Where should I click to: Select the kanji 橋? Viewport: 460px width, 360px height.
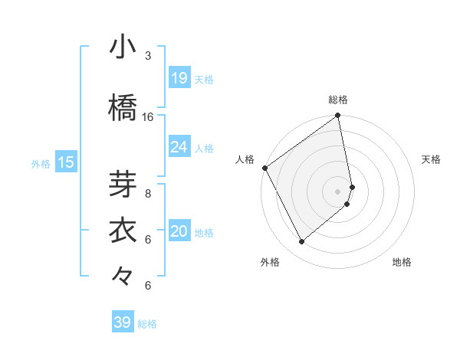click(x=123, y=107)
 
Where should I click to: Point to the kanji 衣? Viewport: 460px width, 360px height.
click(x=123, y=231)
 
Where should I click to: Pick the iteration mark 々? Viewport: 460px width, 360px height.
click(x=123, y=277)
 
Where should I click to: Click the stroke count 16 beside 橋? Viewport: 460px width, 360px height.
click(x=148, y=117)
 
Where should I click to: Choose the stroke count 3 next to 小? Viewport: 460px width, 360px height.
click(x=148, y=56)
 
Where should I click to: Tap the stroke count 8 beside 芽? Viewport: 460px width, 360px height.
click(x=148, y=194)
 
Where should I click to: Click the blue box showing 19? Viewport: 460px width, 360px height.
click(x=179, y=78)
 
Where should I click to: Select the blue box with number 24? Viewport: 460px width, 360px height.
click(x=179, y=147)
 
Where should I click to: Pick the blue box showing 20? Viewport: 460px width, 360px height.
click(x=179, y=231)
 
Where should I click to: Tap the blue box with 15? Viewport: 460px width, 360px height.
click(x=66, y=162)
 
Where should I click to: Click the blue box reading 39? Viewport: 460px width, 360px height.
click(x=123, y=322)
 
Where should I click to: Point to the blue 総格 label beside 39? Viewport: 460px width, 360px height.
click(x=147, y=324)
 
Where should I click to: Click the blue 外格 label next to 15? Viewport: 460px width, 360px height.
click(x=41, y=163)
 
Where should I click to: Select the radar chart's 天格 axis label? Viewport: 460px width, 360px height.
click(x=432, y=159)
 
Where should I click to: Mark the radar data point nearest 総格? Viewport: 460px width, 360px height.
click(x=338, y=116)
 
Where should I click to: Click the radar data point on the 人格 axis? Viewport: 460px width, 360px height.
click(x=264, y=168)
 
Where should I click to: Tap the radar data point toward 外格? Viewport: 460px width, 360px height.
click(x=301, y=242)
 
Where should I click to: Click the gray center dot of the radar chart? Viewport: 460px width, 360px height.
click(x=338, y=191)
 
